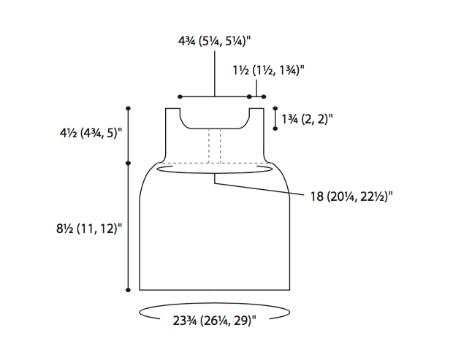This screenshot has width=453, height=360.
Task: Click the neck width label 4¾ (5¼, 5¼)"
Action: click(214, 41)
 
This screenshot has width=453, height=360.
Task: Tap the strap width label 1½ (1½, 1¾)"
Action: click(268, 70)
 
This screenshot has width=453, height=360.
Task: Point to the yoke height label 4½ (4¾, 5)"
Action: click(91, 133)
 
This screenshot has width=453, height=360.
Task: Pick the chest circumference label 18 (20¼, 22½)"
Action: click(351, 196)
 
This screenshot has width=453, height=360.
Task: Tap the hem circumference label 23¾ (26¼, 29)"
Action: click(214, 321)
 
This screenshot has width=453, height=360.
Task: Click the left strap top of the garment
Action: click(172, 109)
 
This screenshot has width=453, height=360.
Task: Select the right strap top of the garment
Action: click(256, 109)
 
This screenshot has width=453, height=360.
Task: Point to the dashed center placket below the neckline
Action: click(215, 146)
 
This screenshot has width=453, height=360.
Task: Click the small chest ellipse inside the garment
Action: click(214, 173)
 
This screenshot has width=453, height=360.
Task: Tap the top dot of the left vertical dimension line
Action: click(129, 108)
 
